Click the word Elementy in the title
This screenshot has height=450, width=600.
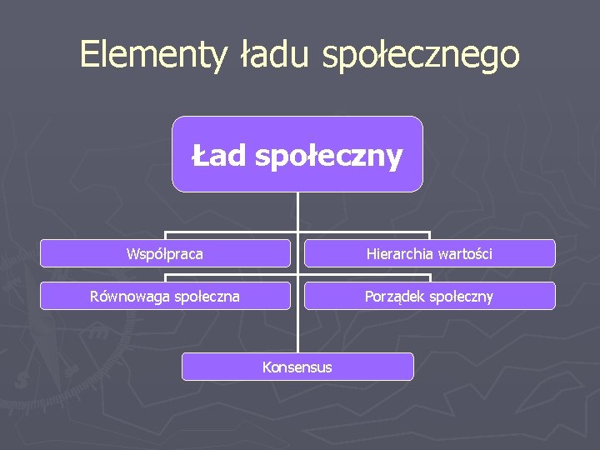[x=153, y=55]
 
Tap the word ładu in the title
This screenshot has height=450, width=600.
[x=276, y=55]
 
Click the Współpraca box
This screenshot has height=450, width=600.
[x=165, y=253]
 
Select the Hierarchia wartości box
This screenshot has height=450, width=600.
[x=429, y=253]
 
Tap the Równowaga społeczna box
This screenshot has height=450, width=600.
[x=165, y=296]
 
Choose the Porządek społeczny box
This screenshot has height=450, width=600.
[x=429, y=296]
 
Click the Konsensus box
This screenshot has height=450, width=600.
[x=297, y=367]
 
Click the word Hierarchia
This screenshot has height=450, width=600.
[x=397, y=253]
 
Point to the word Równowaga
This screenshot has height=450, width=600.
[x=127, y=297]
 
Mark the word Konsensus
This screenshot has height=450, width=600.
[x=297, y=367]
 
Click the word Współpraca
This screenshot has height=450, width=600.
[x=165, y=253]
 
